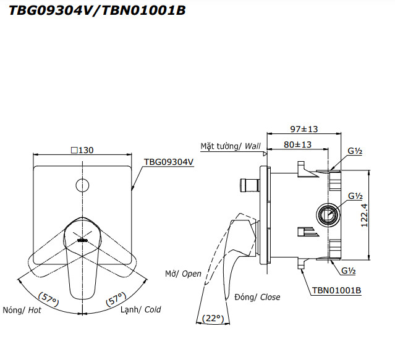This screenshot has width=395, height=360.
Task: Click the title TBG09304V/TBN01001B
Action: pos(97,10)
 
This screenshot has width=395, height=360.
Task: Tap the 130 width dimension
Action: pos(82,150)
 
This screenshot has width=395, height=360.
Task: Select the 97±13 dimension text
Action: pos(304,129)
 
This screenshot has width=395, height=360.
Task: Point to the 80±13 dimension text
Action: pos(297,144)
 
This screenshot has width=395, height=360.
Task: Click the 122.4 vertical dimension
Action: pos(364,216)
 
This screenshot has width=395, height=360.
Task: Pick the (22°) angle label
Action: pos(213,319)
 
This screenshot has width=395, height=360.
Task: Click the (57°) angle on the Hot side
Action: pos(49,299)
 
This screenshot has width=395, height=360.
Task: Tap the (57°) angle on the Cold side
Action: pos(116,299)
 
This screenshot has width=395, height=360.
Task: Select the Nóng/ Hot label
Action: pos(22,310)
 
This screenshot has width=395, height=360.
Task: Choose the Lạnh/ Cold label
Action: pos(140,309)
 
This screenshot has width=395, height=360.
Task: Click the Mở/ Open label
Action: pos(183,274)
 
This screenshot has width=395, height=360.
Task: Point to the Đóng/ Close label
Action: pos(257,297)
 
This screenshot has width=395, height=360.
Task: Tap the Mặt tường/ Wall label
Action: pos(231,146)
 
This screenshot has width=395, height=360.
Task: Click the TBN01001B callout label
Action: pos(336,290)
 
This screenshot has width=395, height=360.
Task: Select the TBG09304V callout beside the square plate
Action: pos(168,162)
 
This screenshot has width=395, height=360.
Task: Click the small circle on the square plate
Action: pos(82,185)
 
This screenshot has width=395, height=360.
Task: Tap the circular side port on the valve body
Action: pos(328,215)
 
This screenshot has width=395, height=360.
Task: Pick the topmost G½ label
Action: pos(355,151)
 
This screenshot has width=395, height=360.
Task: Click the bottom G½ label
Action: pos(349,270)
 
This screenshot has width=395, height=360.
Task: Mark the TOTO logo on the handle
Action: pos(82,240)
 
